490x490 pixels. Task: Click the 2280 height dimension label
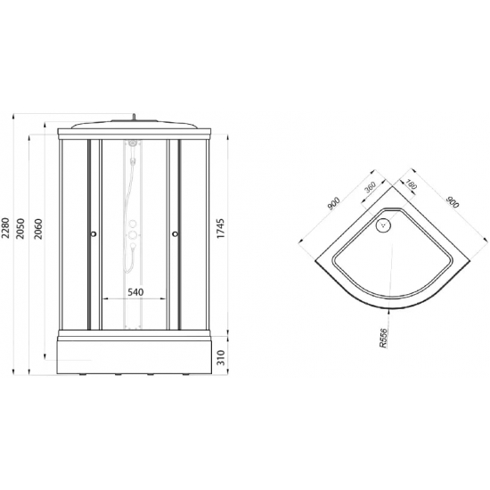tap(5, 228)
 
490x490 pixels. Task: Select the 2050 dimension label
tap(20, 229)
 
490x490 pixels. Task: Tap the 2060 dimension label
tap(38, 229)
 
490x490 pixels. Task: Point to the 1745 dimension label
tap(221, 228)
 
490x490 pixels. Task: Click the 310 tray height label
tap(221, 357)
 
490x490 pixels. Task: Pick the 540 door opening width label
tap(135, 292)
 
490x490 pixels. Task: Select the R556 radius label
tap(383, 338)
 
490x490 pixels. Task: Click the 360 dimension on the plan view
tap(370, 188)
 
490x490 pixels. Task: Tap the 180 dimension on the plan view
tap(412, 184)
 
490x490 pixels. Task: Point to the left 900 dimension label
tap(333, 203)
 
